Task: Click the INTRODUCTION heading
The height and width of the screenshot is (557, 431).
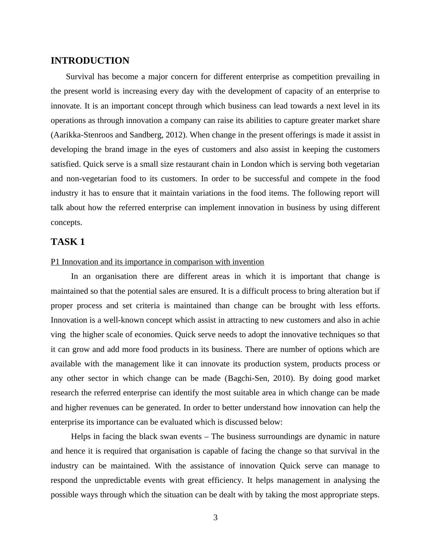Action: point(90,61)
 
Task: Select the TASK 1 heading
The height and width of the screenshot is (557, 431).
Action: point(68,242)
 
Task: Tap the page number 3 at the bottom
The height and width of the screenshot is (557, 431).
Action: point(215,518)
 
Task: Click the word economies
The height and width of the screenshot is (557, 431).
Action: point(152,335)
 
